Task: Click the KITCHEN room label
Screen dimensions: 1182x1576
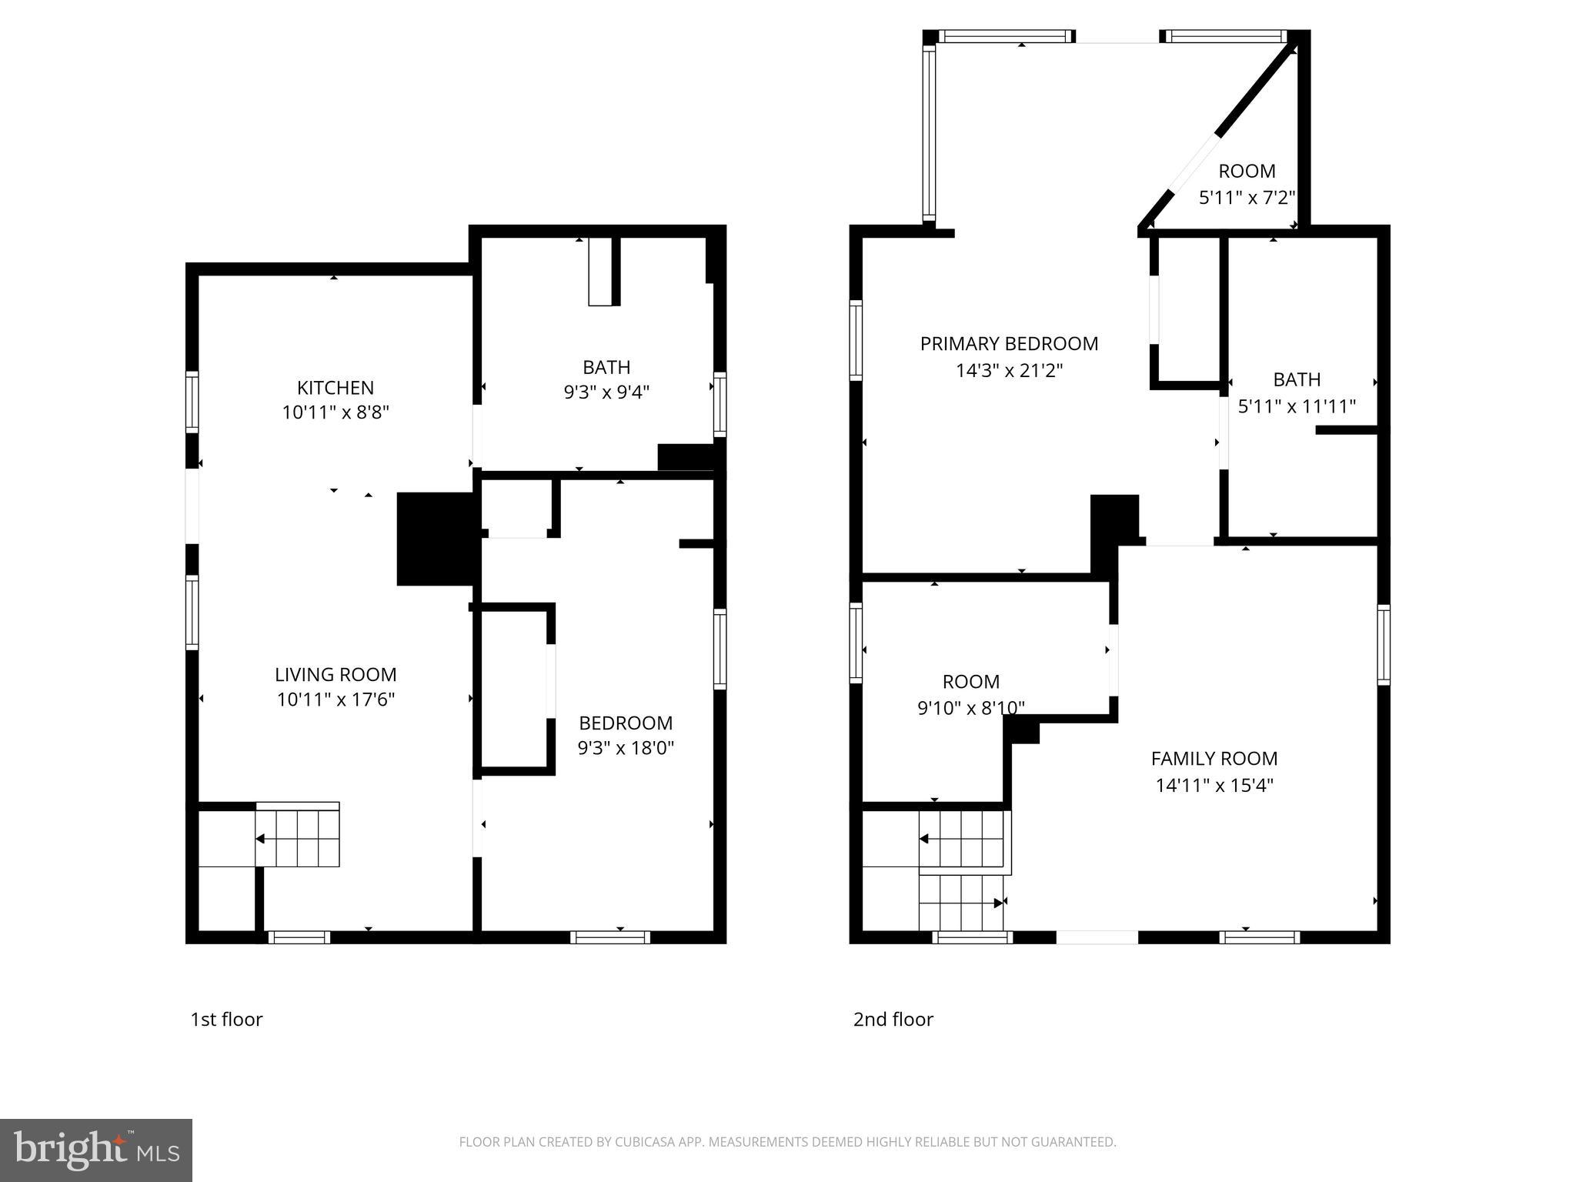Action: coord(336,388)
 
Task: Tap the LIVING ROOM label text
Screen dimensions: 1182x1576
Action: coord(336,675)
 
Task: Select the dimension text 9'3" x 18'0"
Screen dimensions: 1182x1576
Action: coord(626,748)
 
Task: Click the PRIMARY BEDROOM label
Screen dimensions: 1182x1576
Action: coord(1009,344)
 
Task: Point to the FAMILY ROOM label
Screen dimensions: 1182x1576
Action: coord(1214,759)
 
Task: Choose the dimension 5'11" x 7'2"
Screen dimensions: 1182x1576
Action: coord(1247,198)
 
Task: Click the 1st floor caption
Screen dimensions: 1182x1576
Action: coord(226,1020)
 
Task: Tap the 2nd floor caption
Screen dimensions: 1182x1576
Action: coord(893,1020)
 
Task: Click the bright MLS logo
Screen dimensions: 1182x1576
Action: coord(95,1150)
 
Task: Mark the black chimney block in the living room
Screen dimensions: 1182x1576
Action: coord(434,539)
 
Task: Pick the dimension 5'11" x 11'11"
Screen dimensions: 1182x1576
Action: coord(1297,406)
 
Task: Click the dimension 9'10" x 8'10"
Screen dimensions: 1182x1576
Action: coord(970,708)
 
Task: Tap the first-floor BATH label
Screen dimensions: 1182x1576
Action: coord(606,367)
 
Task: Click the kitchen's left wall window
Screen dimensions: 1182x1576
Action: coord(192,402)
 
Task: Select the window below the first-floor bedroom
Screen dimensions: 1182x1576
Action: coord(610,937)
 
